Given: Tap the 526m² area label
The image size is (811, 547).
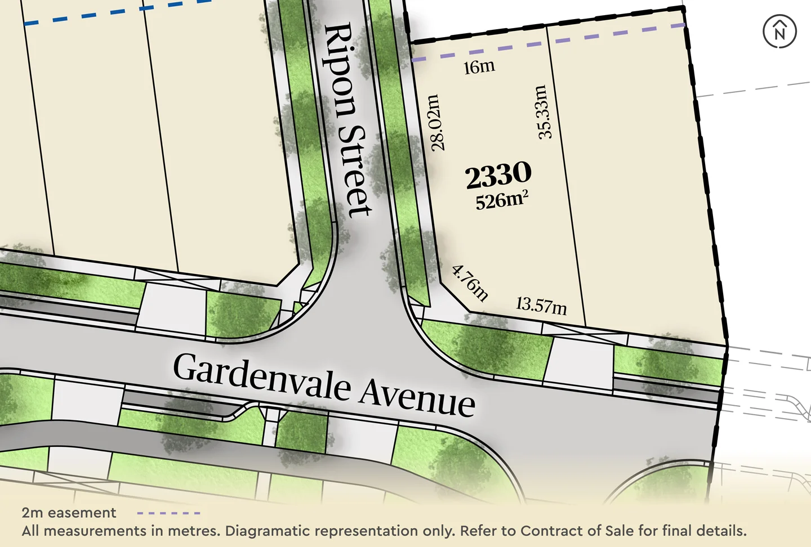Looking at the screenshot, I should coord(501,200).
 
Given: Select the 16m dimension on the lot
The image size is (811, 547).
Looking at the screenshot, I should coord(479,67).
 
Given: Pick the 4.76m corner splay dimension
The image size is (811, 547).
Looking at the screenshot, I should coord(470,283).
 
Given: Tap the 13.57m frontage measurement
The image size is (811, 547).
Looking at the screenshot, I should coord(541,306).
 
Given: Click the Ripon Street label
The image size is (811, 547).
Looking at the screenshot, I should coord(348,119).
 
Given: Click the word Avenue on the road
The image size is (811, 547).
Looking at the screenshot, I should coord(417,397).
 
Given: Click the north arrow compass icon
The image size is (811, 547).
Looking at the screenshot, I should coord(779,32).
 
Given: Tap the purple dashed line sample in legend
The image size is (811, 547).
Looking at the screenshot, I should coord(168,513).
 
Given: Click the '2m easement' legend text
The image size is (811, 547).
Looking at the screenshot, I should coord(69,513).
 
